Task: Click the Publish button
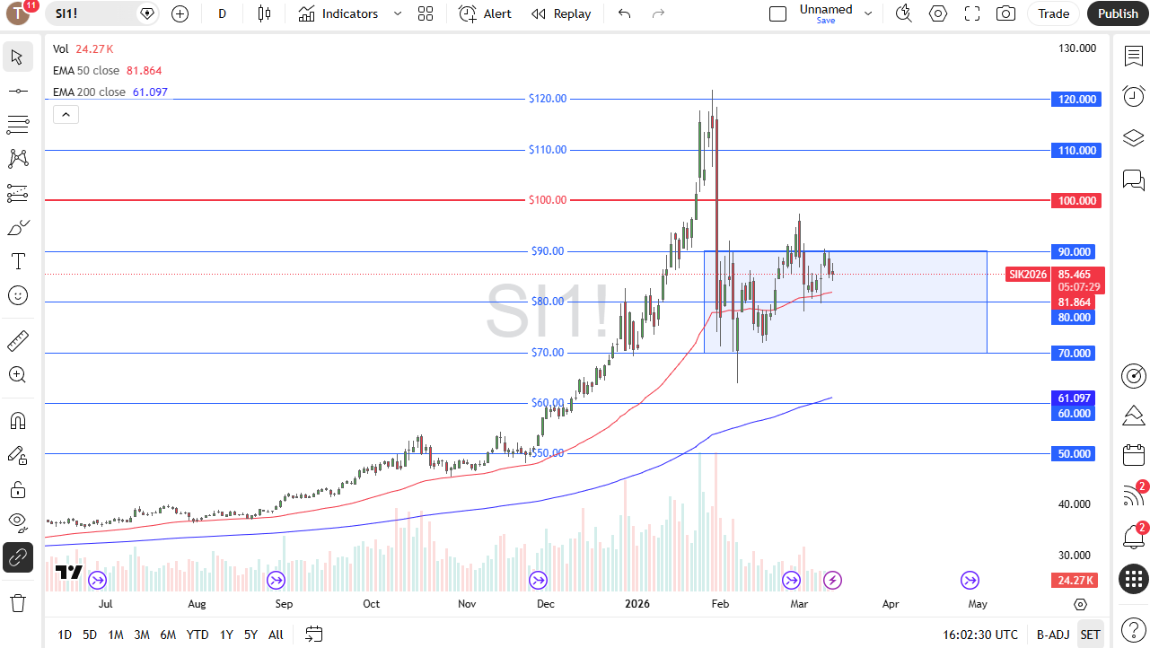[x=1118, y=13]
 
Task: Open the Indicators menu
[x=339, y=13]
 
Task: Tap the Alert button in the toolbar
[x=486, y=13]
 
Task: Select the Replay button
[x=561, y=13]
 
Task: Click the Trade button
[x=1053, y=13]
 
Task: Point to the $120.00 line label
[x=548, y=99]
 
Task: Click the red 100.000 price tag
[x=1075, y=201]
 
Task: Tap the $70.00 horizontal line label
[x=548, y=353]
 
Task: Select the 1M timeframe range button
[x=116, y=635]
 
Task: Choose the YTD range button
[x=198, y=635]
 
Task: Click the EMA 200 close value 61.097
[x=150, y=92]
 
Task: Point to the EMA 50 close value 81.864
[x=145, y=71]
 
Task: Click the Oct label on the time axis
[x=372, y=604]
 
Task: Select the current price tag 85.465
[x=1075, y=275]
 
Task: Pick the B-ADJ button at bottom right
[x=1053, y=635]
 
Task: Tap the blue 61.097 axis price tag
[x=1075, y=398]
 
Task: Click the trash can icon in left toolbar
[x=18, y=601]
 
